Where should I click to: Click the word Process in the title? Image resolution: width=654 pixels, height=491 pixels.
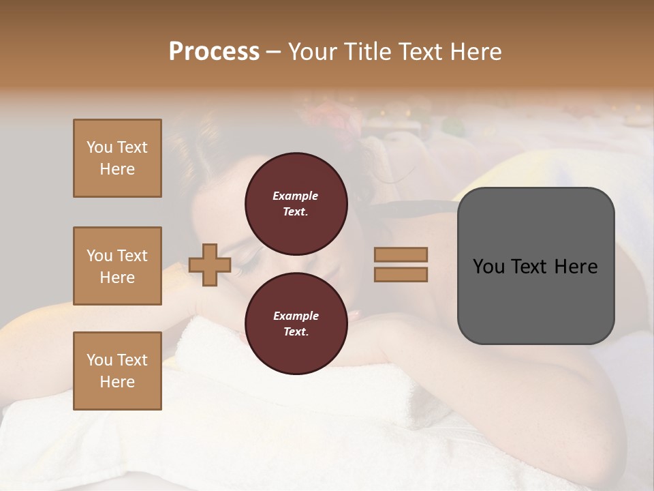[x=214, y=51]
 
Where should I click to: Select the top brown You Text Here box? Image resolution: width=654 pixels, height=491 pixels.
[x=117, y=158]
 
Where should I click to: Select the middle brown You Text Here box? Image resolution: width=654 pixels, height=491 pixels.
[x=117, y=266]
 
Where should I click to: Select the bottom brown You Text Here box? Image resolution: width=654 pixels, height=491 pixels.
[x=117, y=371]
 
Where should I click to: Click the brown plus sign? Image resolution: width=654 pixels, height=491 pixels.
[x=210, y=265]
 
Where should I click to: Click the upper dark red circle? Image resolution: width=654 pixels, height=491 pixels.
[x=296, y=203]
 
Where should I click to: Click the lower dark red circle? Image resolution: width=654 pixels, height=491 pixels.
[x=296, y=323]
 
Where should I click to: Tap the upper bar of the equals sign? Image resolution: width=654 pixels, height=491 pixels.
[x=401, y=254]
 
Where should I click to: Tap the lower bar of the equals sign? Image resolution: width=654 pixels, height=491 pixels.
[x=401, y=274]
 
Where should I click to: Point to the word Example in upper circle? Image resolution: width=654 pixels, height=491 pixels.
[x=296, y=196]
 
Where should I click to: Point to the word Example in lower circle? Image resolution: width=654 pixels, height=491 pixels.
[x=296, y=316]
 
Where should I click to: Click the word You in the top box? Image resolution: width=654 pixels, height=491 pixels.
[x=98, y=147]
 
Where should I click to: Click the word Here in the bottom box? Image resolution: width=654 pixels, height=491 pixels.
[x=117, y=382]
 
